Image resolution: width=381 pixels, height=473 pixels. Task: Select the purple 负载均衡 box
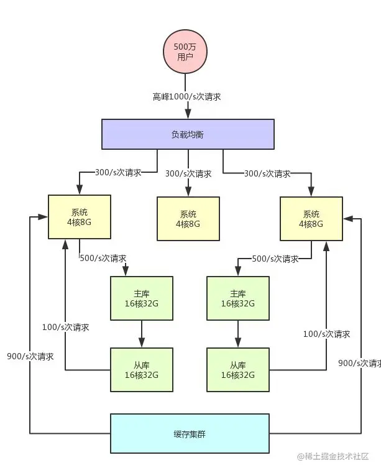tap(188, 134)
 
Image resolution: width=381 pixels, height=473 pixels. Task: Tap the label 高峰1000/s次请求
tap(187, 97)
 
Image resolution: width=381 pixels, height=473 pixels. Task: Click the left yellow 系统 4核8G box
tap(80, 217)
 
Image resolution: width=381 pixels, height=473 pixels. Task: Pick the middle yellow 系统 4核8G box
tap(188, 219)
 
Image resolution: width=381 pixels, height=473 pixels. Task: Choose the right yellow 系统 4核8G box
tap(311, 219)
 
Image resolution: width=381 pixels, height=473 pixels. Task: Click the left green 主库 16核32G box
tap(141, 298)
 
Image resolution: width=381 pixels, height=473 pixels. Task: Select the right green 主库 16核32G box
tap(237, 298)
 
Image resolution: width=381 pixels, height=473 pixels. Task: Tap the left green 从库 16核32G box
tap(141, 370)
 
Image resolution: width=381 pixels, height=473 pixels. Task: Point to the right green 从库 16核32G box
tap(237, 370)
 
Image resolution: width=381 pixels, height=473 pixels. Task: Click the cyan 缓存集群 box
tap(190, 433)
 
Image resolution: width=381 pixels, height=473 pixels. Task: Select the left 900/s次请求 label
tap(30, 357)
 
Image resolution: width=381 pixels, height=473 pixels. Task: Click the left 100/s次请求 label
tap(65, 327)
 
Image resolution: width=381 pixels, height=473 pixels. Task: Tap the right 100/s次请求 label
tap(326, 334)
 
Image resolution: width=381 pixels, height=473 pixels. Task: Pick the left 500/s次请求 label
tap(103, 257)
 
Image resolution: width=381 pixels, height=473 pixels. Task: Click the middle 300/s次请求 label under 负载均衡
tap(188, 173)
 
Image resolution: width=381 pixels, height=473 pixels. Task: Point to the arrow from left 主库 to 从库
tap(141, 334)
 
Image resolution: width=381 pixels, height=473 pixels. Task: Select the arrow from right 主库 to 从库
tap(237, 334)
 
